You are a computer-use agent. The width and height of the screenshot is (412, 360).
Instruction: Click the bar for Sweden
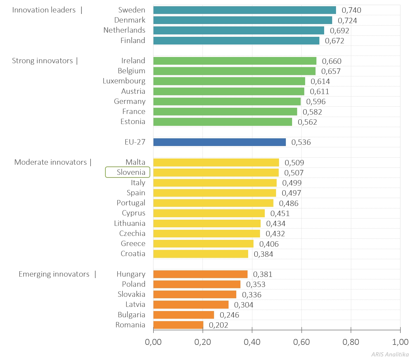(245, 10)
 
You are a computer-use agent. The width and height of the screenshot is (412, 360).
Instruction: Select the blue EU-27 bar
(220, 142)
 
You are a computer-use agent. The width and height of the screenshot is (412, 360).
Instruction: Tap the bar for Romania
(178, 325)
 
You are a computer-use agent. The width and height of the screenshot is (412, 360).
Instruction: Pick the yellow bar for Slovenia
(216, 173)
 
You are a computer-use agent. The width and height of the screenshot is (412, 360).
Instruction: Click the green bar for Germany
(227, 102)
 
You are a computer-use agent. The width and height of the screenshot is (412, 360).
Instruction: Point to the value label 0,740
(351, 10)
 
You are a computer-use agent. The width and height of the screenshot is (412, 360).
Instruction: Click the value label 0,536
(301, 142)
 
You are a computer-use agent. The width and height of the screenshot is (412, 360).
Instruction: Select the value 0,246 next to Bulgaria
(229, 315)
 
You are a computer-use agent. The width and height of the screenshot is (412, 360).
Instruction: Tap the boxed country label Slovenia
(128, 172)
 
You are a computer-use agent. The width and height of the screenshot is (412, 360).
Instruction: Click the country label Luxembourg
(124, 81)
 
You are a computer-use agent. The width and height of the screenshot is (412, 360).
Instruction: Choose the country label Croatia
(133, 254)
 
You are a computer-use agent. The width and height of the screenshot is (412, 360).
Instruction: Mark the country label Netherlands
(124, 30)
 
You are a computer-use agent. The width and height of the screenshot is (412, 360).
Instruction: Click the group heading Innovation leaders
(44, 10)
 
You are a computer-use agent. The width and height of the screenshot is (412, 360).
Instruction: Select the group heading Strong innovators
(42, 61)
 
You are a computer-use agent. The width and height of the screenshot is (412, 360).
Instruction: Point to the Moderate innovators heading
(50, 162)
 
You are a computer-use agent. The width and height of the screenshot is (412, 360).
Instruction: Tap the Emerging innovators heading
(54, 274)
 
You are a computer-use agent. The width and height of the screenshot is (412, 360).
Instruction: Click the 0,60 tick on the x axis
(301, 342)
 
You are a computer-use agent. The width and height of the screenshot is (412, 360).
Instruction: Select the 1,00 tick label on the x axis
(400, 342)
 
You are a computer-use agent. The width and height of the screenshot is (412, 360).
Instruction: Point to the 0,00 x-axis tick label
(153, 342)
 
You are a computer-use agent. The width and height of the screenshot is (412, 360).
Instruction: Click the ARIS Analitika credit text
(390, 354)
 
